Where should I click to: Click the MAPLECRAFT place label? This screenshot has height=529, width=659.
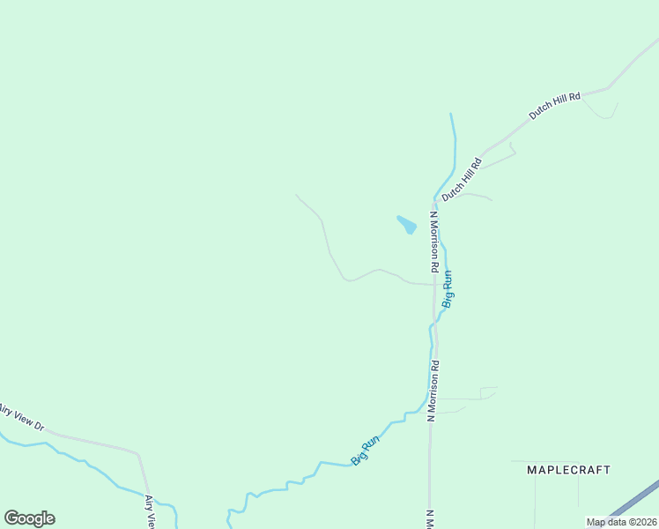click(568, 470)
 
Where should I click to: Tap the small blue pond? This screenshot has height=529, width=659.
click(406, 225)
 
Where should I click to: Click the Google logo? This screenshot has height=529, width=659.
click(29, 518)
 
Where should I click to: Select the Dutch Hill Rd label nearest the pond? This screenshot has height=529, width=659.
click(463, 179)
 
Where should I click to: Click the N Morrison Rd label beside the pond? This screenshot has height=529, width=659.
click(434, 240)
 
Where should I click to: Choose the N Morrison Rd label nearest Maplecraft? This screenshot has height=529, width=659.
click(433, 391)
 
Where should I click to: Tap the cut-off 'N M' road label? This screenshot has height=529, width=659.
click(430, 519)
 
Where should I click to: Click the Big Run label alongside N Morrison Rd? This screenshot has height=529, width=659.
click(448, 288)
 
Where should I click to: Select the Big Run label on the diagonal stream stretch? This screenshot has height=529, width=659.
click(365, 449)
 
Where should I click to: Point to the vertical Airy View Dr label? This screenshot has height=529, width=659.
click(150, 512)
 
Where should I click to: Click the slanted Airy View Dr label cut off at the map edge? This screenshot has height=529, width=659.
click(21, 416)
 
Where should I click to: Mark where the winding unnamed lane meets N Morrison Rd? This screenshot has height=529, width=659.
click(434, 285)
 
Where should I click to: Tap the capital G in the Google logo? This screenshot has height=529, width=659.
click(11, 518)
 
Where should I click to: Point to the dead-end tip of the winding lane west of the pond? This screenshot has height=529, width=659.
click(296, 195)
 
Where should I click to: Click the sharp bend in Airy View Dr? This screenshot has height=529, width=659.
click(137, 455)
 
